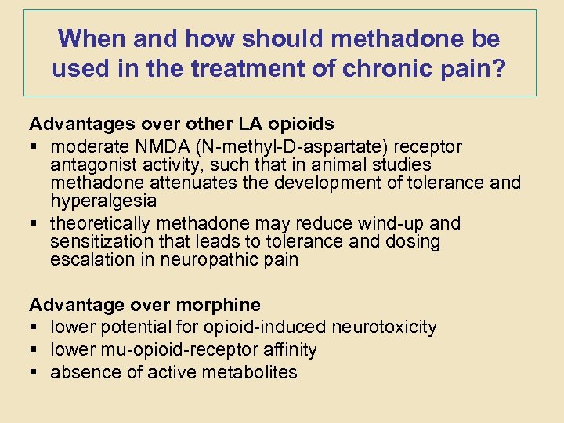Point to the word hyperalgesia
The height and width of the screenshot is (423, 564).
tap(103, 201)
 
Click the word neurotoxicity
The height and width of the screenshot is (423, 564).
tap(385, 327)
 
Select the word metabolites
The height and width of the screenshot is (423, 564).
tap(247, 372)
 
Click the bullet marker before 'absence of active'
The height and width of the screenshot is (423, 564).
tap(34, 372)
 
